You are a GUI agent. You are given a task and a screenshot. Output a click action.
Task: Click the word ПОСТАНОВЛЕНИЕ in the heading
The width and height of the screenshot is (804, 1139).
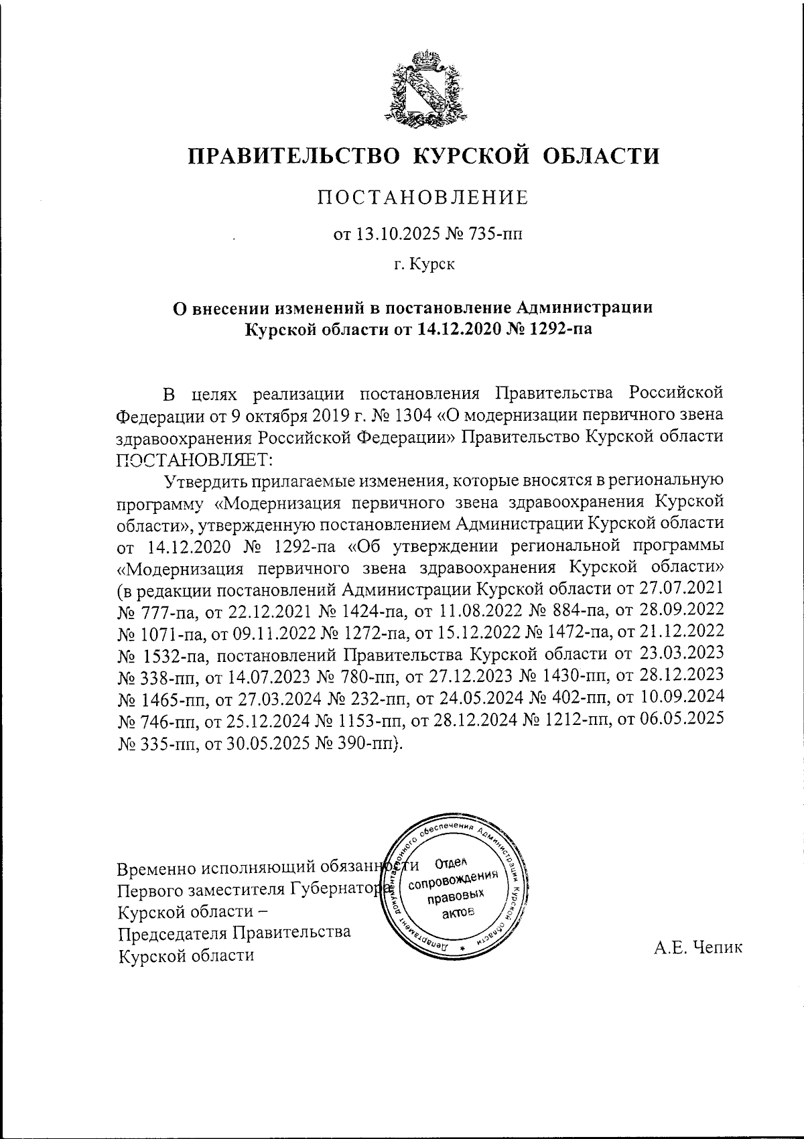click(x=423, y=198)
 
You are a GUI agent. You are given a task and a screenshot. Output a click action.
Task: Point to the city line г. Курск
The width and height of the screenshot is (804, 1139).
click(x=423, y=265)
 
